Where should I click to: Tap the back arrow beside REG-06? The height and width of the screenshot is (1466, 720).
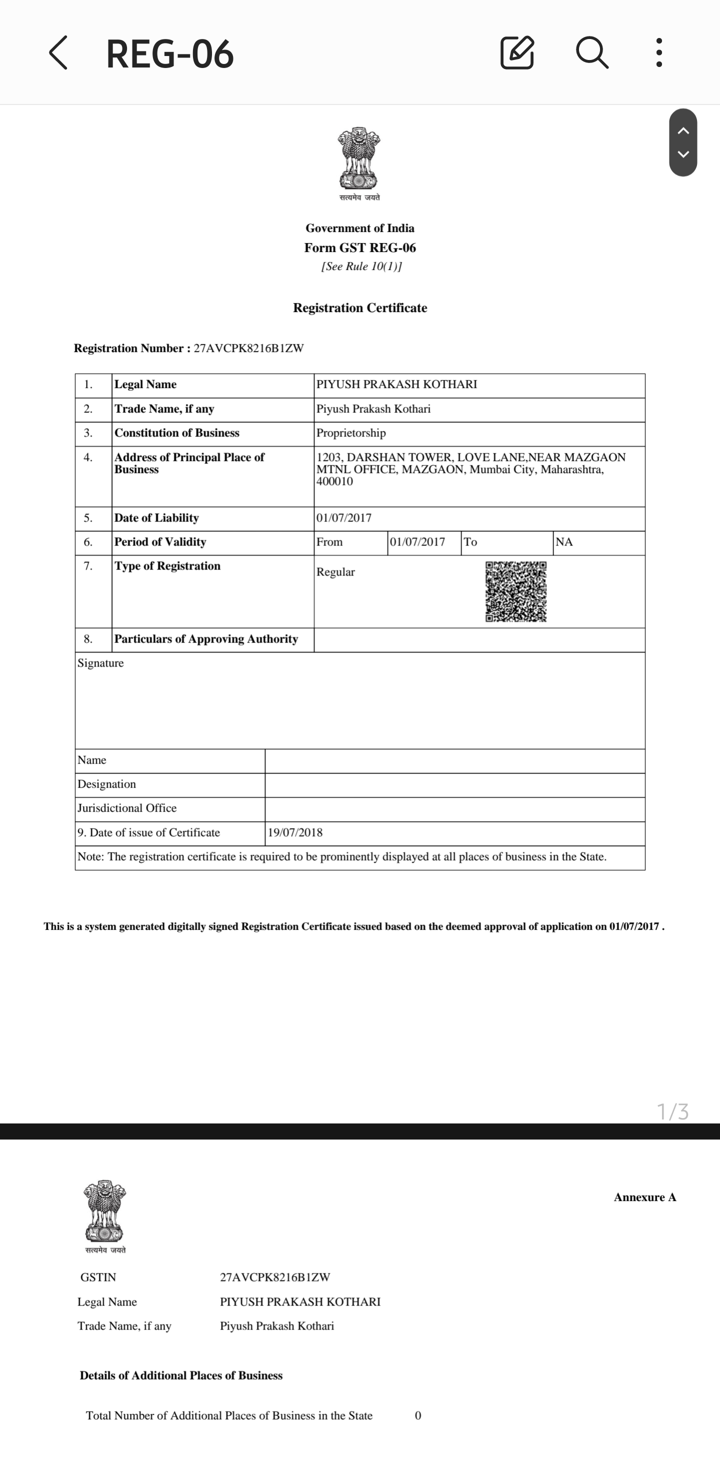(58, 53)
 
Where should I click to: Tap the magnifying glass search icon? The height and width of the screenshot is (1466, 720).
(592, 53)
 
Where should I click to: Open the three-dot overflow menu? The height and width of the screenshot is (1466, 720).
(658, 53)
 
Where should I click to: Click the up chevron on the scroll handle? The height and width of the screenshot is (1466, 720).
(683, 131)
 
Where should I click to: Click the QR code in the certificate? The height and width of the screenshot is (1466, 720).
(515, 591)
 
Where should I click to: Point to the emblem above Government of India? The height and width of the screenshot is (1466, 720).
(359, 159)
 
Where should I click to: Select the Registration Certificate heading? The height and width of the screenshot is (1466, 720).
(359, 308)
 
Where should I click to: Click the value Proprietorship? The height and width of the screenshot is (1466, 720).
(351, 433)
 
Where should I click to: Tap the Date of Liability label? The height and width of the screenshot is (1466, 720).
(156, 518)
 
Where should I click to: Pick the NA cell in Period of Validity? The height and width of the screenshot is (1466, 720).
(564, 542)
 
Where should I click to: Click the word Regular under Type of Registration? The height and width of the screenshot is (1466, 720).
(335, 572)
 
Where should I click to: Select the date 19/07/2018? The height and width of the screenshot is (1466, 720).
(295, 832)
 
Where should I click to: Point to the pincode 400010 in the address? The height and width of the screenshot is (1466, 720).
(334, 481)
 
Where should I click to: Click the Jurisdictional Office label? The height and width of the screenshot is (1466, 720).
(127, 808)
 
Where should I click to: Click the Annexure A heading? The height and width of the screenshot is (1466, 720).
(645, 1197)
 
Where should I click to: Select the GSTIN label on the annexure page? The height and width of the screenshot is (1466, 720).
(98, 1277)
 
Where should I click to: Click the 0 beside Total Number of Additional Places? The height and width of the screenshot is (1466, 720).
(418, 1415)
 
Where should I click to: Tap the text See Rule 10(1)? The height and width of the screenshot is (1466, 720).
(361, 266)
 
